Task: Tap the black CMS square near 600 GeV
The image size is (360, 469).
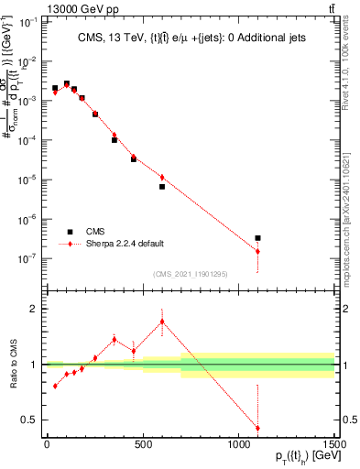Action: click(x=162, y=187)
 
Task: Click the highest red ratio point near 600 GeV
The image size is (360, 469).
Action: click(x=162, y=322)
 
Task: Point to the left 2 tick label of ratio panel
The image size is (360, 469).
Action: click(x=32, y=309)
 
